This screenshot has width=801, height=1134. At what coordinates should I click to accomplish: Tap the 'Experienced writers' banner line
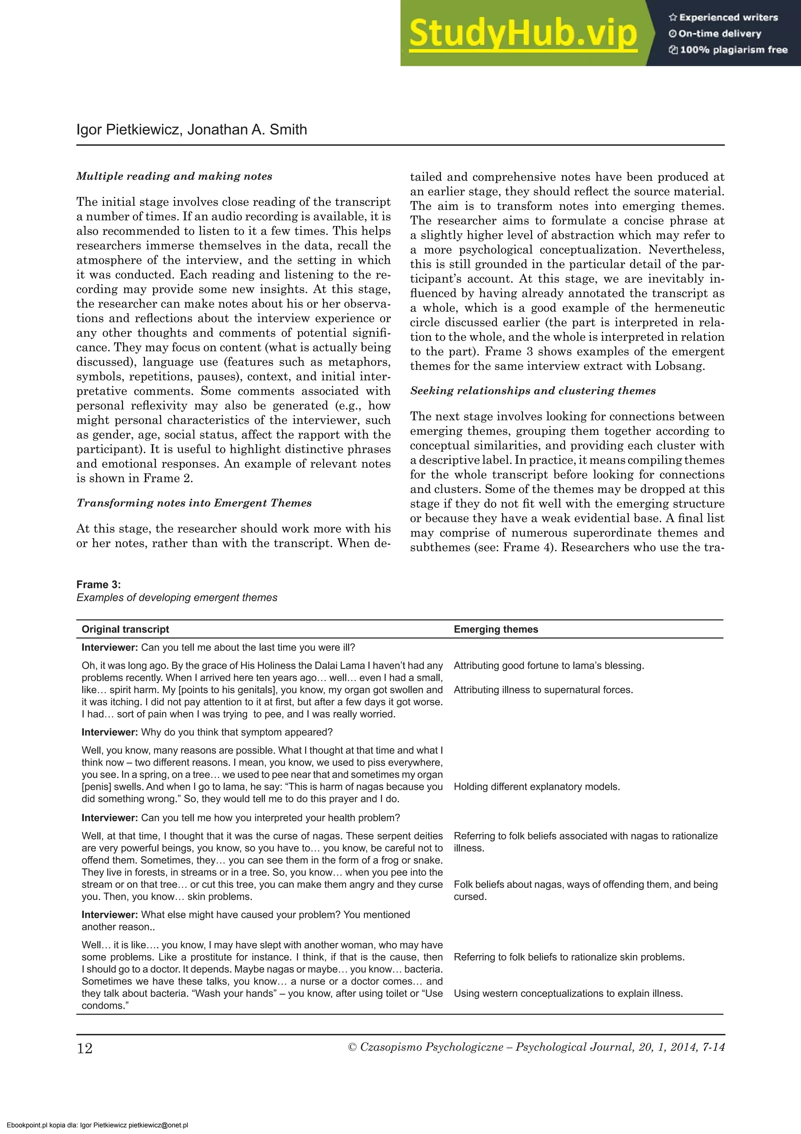[x=724, y=17]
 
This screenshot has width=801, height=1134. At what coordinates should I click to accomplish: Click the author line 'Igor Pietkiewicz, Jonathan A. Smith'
[x=192, y=130]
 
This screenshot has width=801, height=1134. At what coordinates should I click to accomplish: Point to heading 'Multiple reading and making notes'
[x=174, y=176]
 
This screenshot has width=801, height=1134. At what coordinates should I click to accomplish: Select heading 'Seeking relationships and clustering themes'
[x=533, y=391]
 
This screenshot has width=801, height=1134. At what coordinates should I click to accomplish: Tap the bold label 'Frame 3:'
[x=99, y=584]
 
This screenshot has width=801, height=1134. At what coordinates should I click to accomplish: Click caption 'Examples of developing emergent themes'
[x=177, y=598]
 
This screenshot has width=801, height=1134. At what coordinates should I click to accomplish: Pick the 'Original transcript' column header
[x=126, y=629]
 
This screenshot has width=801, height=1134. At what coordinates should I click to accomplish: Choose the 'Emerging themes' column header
[x=496, y=629]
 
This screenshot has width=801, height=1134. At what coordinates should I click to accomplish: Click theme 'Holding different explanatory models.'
[x=537, y=787]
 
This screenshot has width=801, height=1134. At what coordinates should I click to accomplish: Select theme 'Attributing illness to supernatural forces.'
[x=543, y=690]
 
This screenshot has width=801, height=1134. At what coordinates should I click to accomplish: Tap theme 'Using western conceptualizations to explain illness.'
[x=568, y=994]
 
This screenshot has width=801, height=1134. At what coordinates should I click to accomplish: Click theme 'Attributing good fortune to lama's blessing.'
[x=549, y=666]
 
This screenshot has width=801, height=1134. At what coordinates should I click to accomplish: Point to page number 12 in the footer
[x=84, y=1048]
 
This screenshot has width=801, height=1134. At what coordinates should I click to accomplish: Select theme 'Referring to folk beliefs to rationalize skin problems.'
[x=569, y=957]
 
